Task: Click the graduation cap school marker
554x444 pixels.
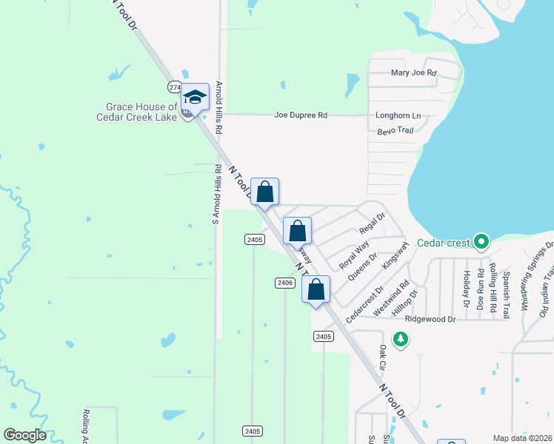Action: pyautogui.click(x=196, y=98)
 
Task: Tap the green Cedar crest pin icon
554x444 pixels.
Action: pyautogui.click(x=481, y=241)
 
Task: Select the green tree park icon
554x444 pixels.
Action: pyautogui.click(x=401, y=338)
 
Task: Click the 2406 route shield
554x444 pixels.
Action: pyautogui.click(x=285, y=283)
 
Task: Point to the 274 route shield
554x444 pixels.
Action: pyautogui.click(x=175, y=87)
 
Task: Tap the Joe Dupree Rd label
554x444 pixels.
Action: pyautogui.click(x=301, y=115)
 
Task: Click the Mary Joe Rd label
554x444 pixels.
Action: pyautogui.click(x=413, y=73)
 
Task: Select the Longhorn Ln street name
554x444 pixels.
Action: pyautogui.click(x=398, y=116)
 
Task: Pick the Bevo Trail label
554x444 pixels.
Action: pyautogui.click(x=395, y=131)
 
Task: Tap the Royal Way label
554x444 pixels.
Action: pyautogui.click(x=354, y=255)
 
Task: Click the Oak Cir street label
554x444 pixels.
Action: pyautogui.click(x=383, y=357)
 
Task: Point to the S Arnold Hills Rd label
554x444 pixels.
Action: pyautogui.click(x=216, y=194)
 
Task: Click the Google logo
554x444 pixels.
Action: pyautogui.click(x=25, y=435)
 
